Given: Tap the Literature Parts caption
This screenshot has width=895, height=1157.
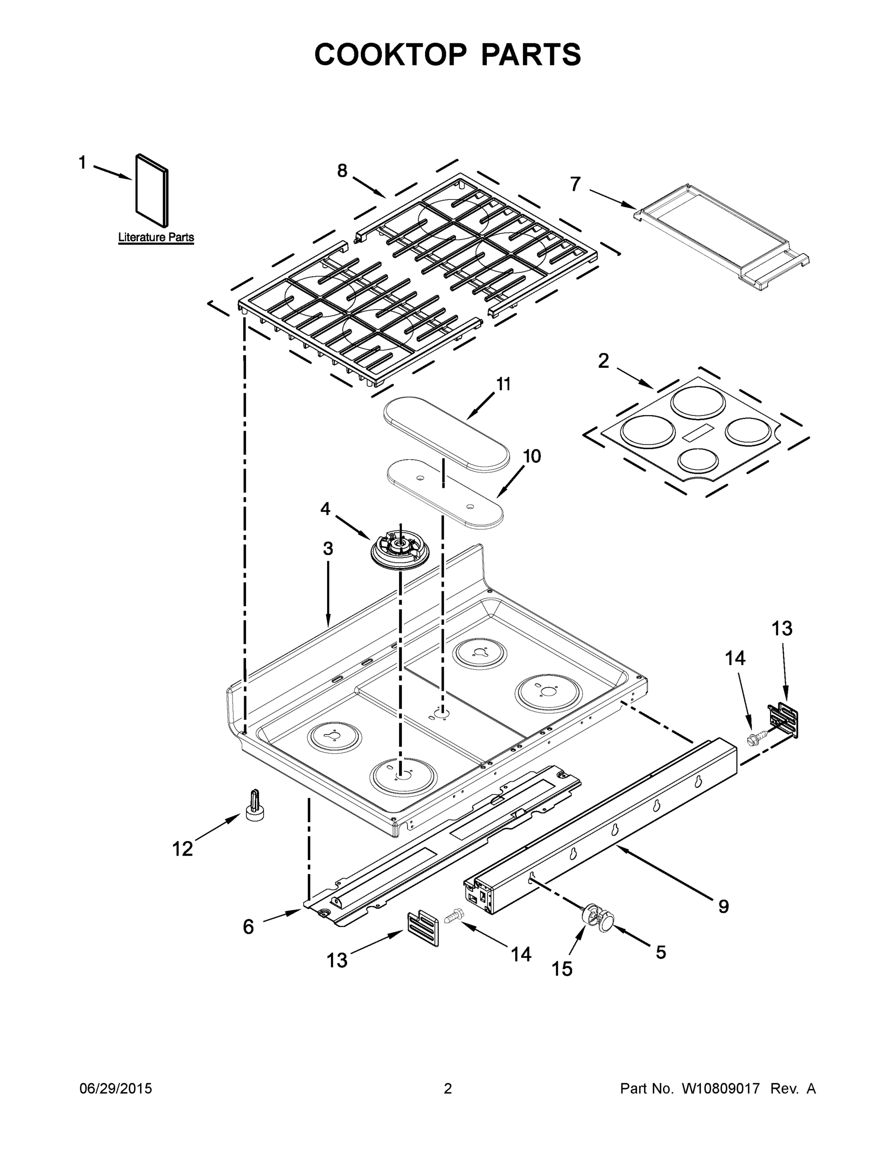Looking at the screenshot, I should tap(156, 237).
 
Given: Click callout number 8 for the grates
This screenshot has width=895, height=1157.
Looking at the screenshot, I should tap(342, 171).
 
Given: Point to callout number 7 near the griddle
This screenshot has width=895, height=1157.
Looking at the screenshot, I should tap(575, 184).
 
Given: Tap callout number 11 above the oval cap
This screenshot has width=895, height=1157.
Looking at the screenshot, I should tap(503, 384).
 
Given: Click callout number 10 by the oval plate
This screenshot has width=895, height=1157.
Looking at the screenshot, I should tap(532, 456).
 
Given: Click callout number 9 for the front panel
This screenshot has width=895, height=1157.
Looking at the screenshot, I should tap(723, 906).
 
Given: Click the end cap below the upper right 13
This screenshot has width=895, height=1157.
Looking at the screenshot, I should tap(784, 721).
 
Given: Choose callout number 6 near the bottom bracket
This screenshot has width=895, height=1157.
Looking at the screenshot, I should tap(248, 927).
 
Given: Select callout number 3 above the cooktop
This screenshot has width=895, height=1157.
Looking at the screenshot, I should tap(328, 549).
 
